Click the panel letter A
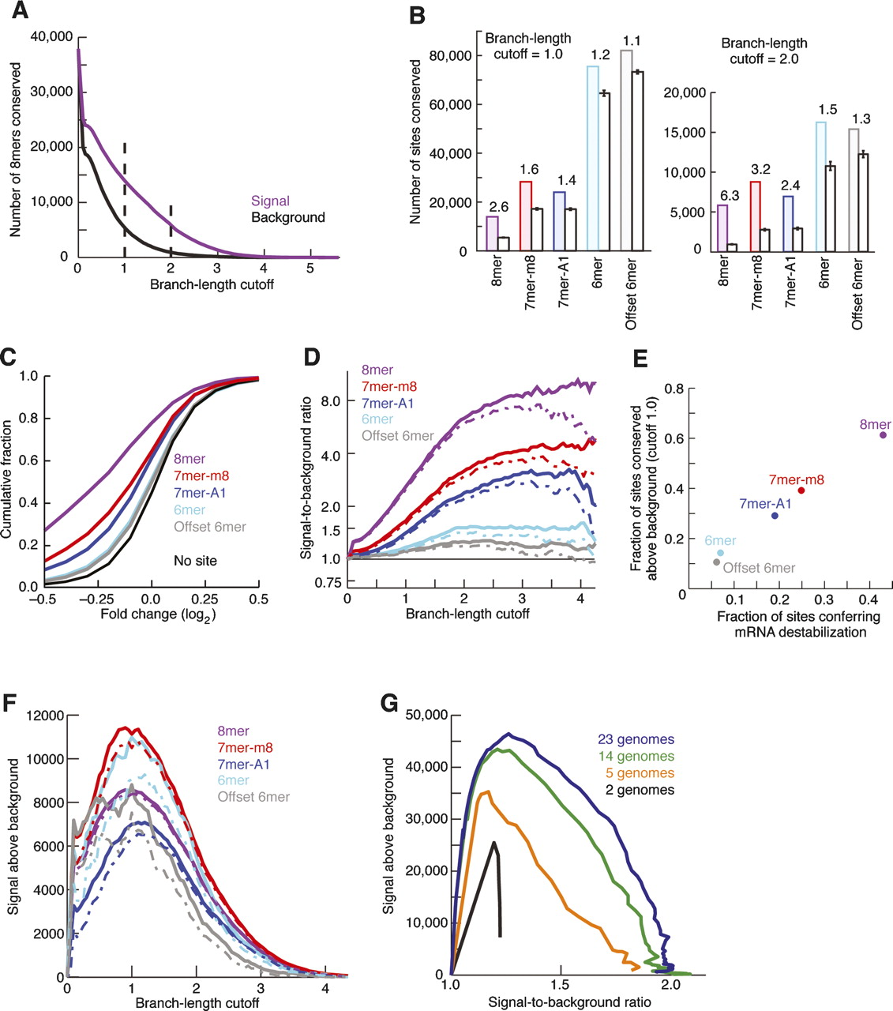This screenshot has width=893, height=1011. (x=17, y=11)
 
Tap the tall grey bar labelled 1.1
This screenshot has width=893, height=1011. (x=627, y=150)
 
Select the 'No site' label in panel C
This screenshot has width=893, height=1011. (x=195, y=561)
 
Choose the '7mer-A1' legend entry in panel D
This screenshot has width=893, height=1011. (x=388, y=404)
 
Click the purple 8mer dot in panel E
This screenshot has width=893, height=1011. (x=883, y=435)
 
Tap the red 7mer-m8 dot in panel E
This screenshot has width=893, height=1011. (x=801, y=490)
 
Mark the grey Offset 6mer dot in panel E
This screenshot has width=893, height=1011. (x=716, y=562)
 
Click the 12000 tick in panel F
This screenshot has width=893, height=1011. (x=47, y=716)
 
